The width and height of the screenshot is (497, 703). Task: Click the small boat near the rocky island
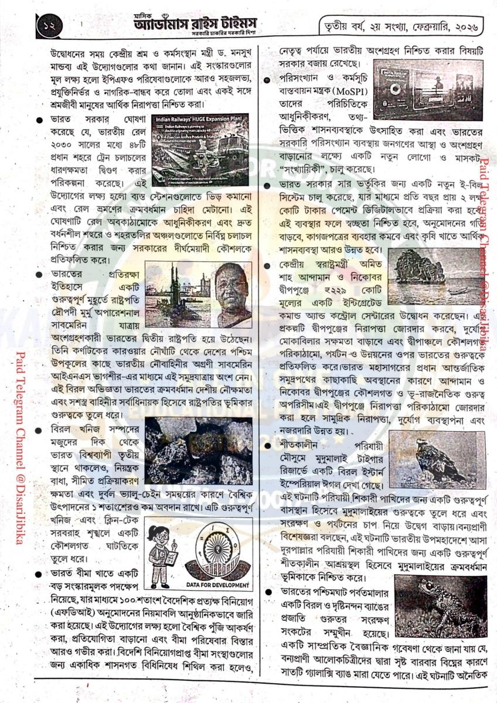click(458, 290)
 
